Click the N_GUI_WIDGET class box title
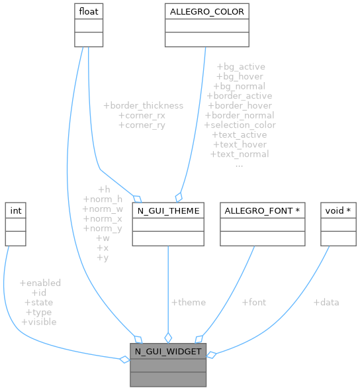coord(168,351)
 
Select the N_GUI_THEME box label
coord(168,211)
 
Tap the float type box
coord(88,12)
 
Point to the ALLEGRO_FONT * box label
coord(262,211)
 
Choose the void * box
coord(338,211)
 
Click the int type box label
coord(15,211)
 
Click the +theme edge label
coord(188,302)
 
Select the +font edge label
coord(253,302)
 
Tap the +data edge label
coord(326,302)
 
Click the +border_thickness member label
coord(143,105)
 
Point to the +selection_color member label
coord(240,124)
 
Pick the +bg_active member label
coord(240,67)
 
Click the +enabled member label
coord(40,283)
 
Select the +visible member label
coord(39,321)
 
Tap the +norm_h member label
coord(103,199)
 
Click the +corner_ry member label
coord(142,124)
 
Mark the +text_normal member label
coord(240,154)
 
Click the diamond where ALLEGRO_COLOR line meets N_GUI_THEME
coord(177,197)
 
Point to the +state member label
coord(39,302)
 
